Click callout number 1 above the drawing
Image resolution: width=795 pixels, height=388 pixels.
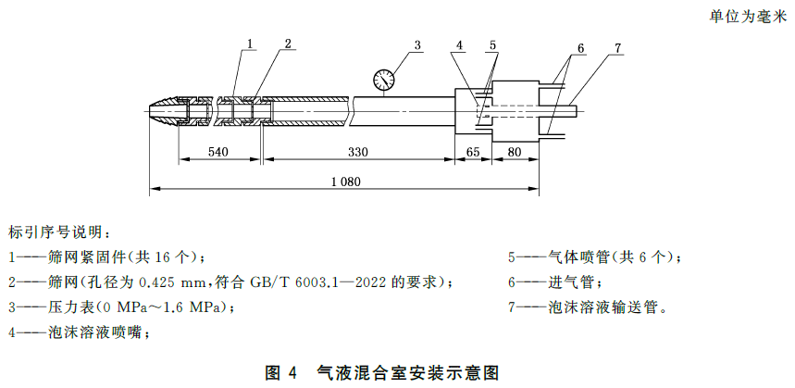[252, 44]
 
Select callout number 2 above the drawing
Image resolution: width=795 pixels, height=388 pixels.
[289, 44]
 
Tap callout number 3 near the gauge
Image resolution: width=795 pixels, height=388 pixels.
[417, 44]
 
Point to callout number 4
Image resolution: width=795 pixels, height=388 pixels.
[460, 44]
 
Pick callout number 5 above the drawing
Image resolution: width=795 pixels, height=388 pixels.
[493, 44]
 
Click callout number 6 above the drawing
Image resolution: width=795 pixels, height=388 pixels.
[580, 48]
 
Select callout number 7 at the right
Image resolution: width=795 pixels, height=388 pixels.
[617, 48]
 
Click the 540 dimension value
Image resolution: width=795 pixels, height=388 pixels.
[218, 152]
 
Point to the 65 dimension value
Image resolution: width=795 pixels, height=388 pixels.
[472, 152]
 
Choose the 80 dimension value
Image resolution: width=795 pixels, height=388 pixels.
[515, 152]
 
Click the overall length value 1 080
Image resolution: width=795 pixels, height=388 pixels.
[344, 182]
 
